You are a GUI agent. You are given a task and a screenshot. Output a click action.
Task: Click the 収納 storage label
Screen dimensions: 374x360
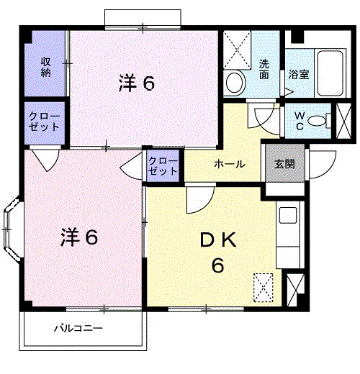45,66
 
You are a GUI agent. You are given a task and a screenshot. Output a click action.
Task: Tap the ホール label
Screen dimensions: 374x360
229,164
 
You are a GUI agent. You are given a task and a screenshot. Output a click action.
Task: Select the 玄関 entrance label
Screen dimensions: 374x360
283,164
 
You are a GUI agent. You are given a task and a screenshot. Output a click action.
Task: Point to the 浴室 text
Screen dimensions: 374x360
299,73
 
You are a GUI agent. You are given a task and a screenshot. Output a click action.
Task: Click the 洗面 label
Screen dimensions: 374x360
264,68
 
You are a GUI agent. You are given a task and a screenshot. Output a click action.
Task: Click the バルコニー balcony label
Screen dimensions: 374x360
79,329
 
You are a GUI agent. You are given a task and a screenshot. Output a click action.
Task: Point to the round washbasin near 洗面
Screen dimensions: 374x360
235,83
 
